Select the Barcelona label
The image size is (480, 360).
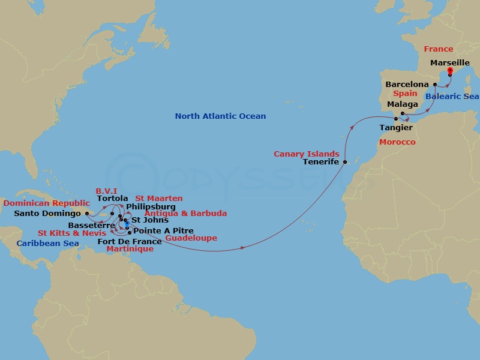coord(407,85)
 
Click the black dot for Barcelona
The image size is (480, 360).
coord(435,85)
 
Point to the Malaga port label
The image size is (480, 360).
coord(402,104)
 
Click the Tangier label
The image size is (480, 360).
coord(396,128)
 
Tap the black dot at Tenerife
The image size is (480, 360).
coord(345,162)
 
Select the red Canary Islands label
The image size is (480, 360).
coord(306,154)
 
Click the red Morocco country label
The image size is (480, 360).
coord(397,142)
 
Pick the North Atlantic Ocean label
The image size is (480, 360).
coord(220,116)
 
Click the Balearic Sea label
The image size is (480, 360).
coord(452,97)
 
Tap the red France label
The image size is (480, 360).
coord(438,49)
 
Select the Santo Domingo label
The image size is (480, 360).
coord(47,213)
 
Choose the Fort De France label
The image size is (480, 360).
coord(129,241)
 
